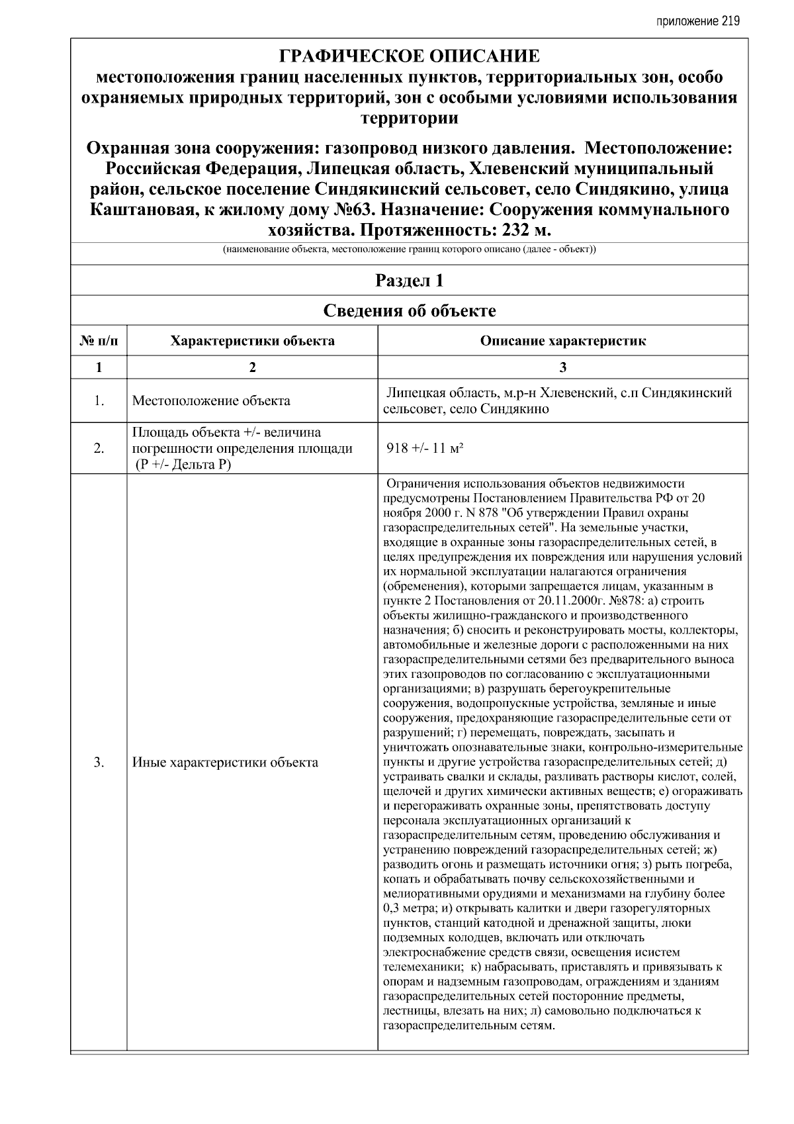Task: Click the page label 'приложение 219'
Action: click(x=697, y=21)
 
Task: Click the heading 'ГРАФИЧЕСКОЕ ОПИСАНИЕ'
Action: click(x=410, y=56)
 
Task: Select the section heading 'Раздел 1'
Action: click(x=410, y=281)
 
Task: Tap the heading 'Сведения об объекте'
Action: click(x=410, y=310)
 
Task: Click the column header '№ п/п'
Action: click(x=99, y=342)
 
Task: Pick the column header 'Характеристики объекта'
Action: click(x=252, y=342)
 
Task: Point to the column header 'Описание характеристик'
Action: click(x=562, y=342)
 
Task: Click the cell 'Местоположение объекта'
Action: click(x=211, y=401)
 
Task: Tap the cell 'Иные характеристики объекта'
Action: click(x=225, y=763)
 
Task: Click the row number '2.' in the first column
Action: click(x=99, y=449)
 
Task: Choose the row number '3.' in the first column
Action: click(x=99, y=763)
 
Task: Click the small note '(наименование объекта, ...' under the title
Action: click(x=410, y=250)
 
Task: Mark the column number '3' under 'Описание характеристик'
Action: click(x=562, y=368)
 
